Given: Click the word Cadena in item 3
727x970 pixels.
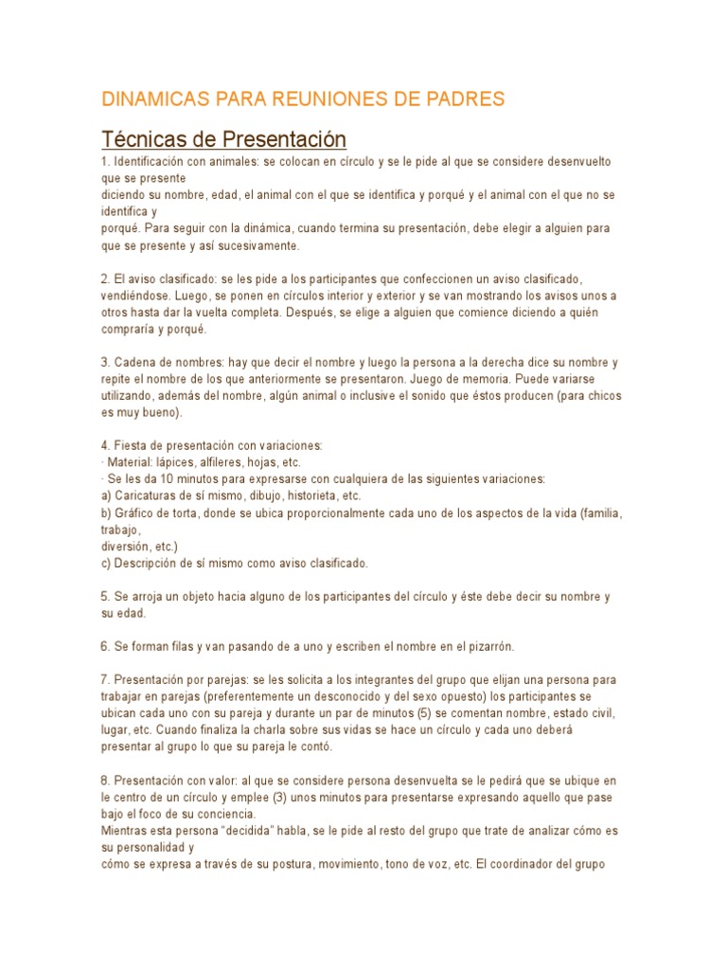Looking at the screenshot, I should coord(133,363).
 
